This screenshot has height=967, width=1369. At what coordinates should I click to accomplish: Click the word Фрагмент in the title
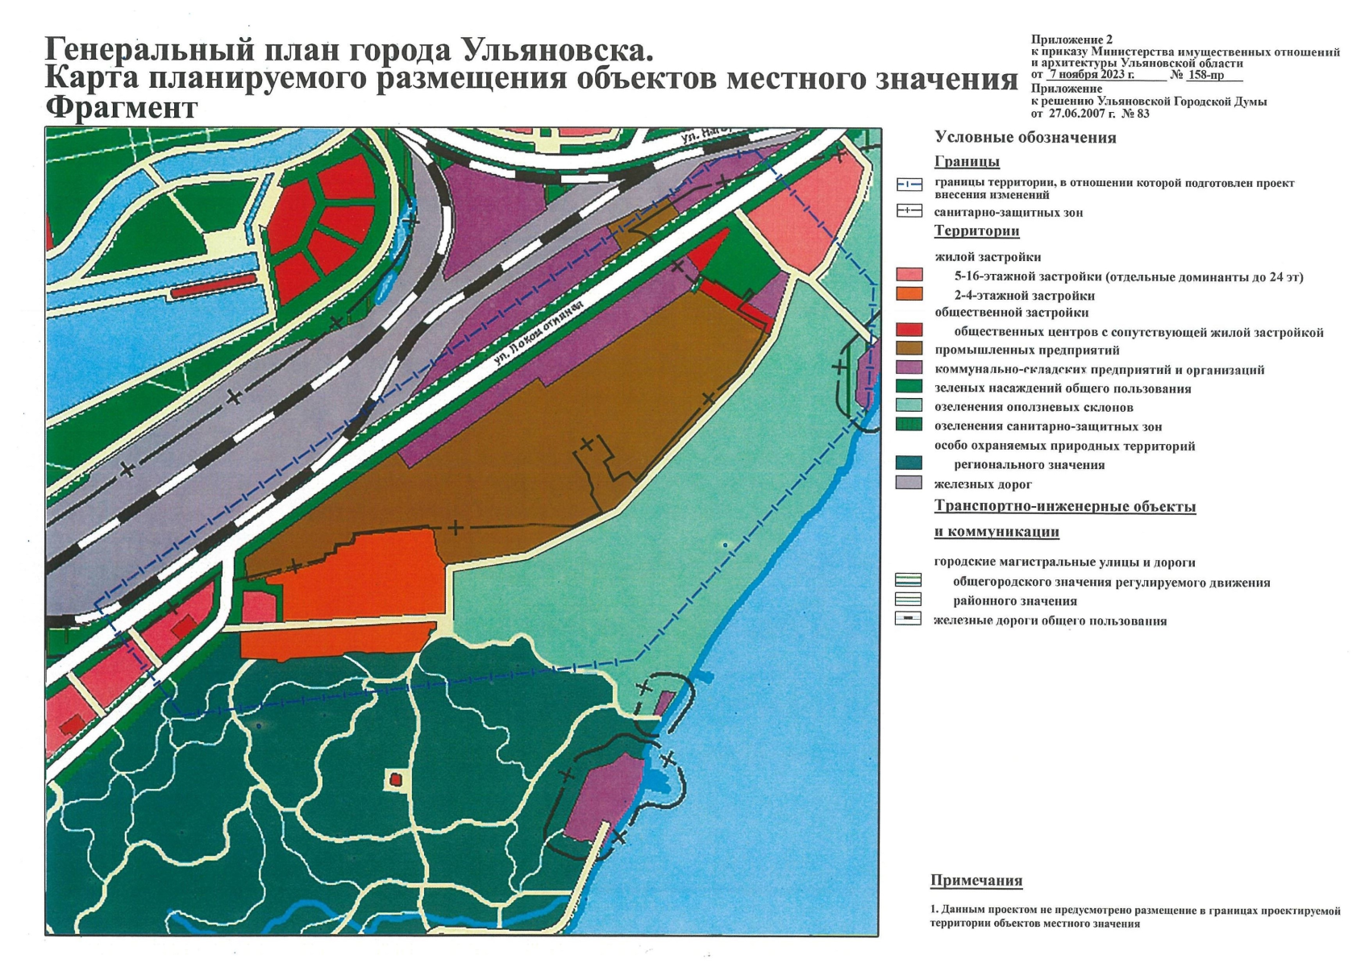(x=122, y=108)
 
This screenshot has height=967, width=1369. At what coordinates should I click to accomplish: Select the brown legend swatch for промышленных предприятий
(x=909, y=349)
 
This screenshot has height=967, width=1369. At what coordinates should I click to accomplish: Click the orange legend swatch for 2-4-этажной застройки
(x=909, y=293)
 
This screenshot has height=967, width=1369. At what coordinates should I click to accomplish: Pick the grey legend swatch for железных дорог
(x=909, y=483)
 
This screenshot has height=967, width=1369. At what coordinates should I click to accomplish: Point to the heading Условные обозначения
(x=1025, y=138)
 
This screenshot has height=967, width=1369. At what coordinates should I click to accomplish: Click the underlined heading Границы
(x=967, y=161)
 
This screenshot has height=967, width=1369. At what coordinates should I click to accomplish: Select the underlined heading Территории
(x=976, y=231)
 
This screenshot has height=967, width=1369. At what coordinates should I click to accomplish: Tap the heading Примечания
(x=976, y=880)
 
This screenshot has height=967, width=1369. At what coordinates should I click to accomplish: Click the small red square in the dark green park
(x=395, y=779)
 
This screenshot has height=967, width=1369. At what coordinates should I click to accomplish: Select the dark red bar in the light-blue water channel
(x=213, y=284)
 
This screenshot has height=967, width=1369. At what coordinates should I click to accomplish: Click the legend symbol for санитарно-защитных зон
(x=909, y=211)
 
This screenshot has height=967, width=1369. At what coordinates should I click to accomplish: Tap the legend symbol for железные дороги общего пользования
(x=909, y=620)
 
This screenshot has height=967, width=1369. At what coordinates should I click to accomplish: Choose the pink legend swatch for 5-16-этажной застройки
(x=909, y=275)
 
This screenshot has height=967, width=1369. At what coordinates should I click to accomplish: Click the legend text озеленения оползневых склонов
(x=1034, y=407)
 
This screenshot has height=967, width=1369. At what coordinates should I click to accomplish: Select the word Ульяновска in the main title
(x=557, y=51)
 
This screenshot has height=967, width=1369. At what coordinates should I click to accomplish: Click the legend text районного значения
(x=1015, y=601)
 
